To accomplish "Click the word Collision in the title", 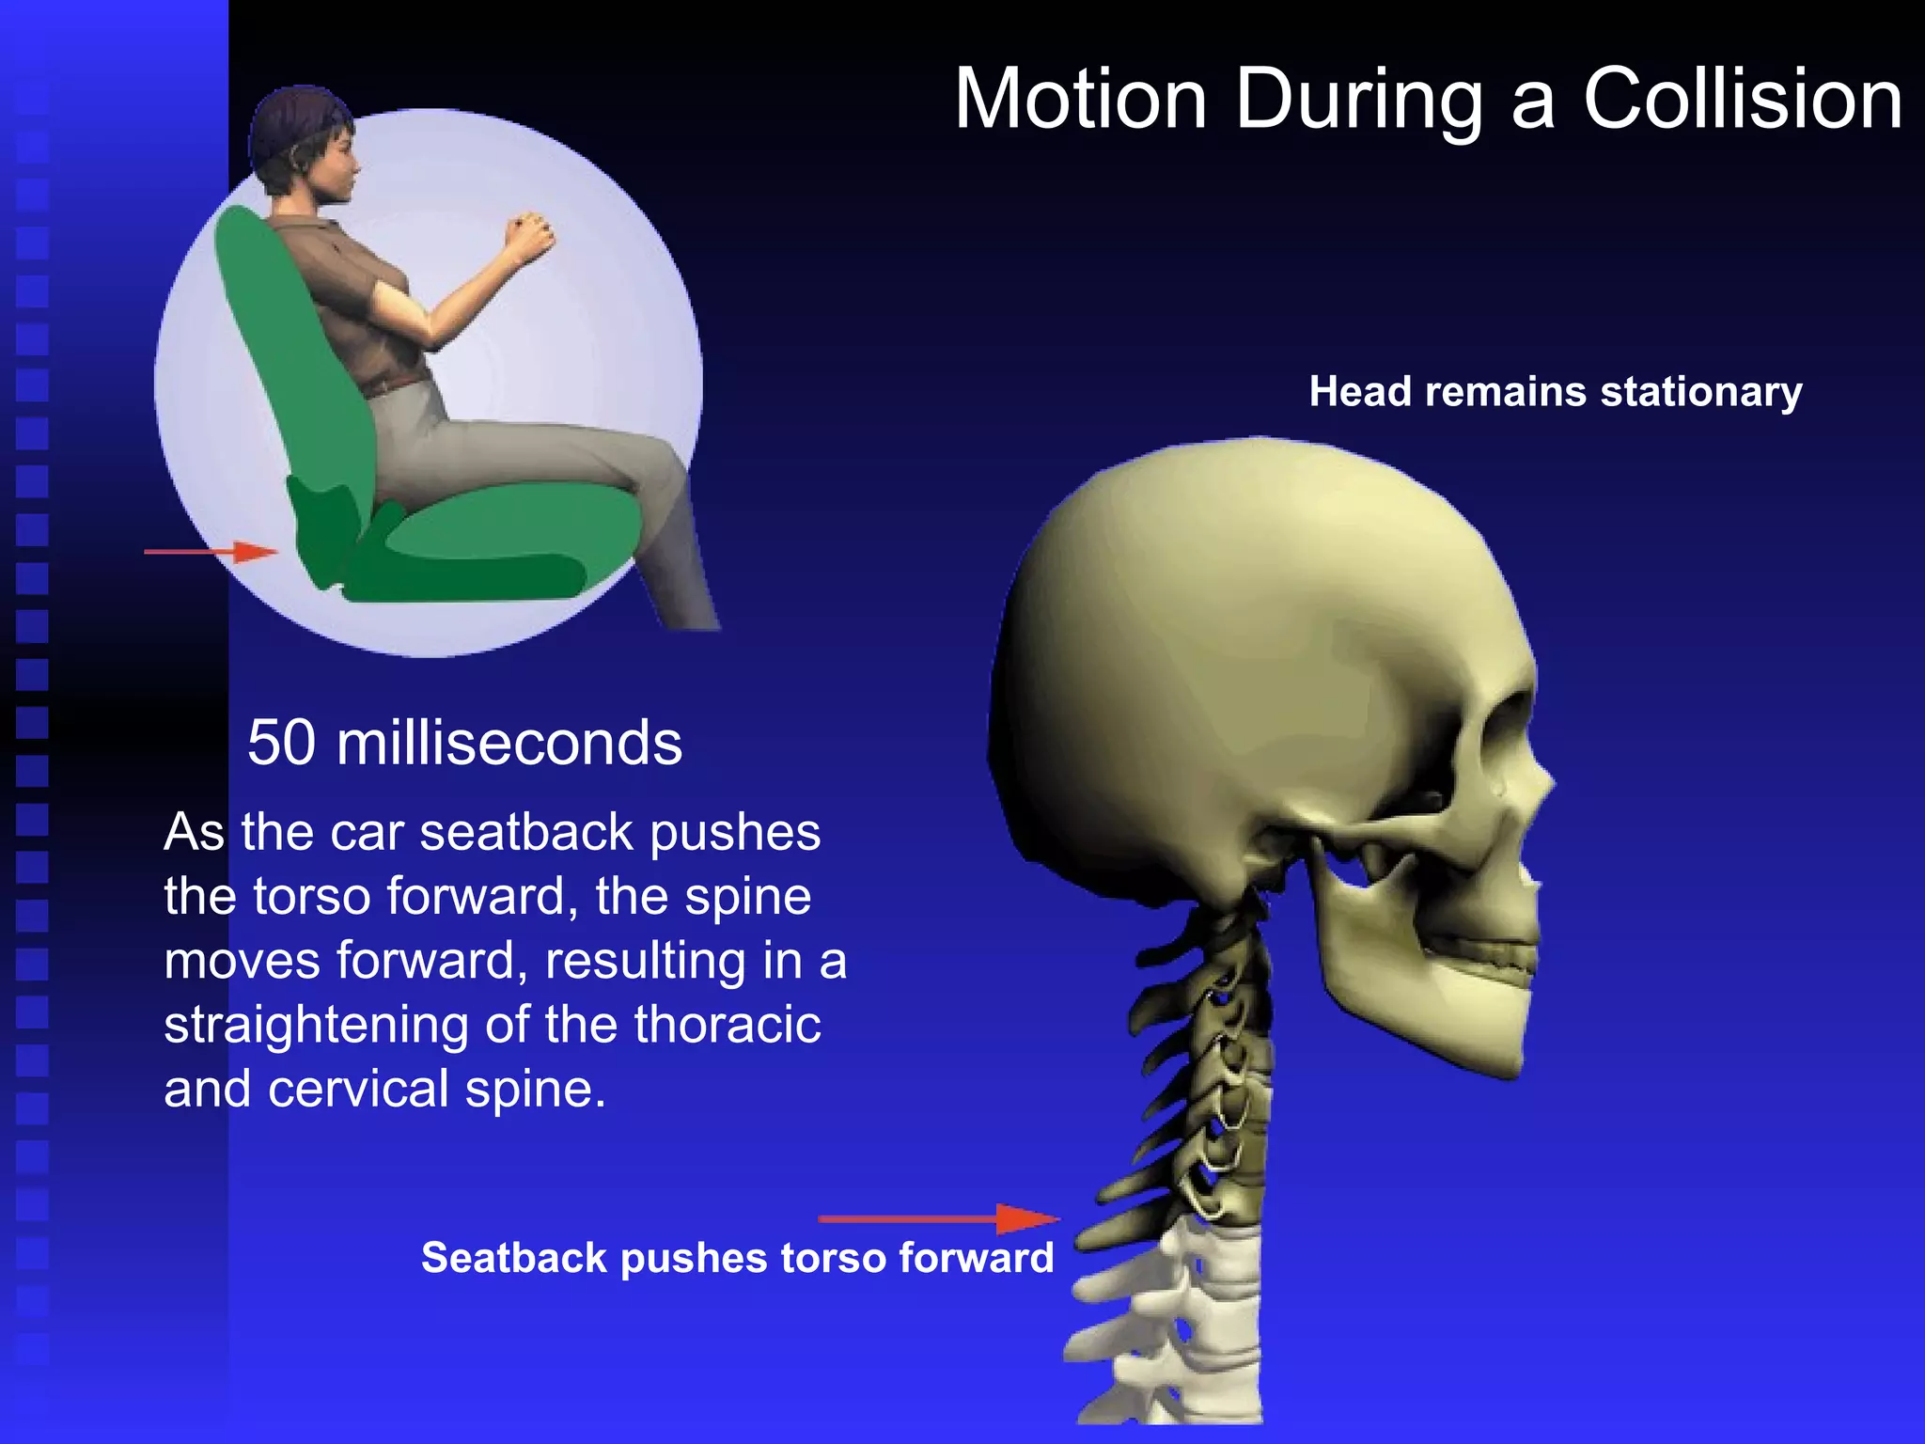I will pyautogui.click(x=1743, y=100).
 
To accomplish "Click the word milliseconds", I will pyautogui.click(x=509, y=744).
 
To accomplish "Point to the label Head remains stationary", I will pyautogui.click(x=1555, y=392).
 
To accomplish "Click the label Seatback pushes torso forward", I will pyautogui.click(x=737, y=1258).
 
